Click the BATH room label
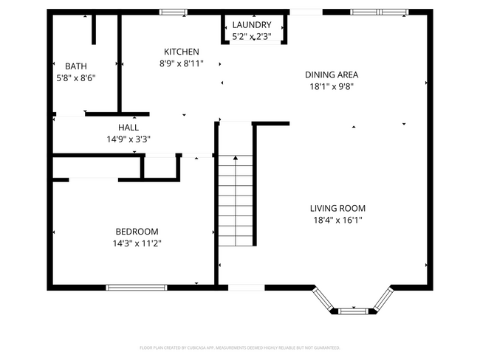(75, 66)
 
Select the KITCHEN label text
(181, 52)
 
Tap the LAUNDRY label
(251, 25)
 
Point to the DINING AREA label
(332, 75)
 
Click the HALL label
(128, 127)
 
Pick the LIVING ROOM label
(337, 208)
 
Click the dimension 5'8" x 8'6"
(75, 77)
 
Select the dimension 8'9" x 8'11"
(181, 63)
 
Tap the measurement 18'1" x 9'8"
(332, 86)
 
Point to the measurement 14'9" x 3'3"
(128, 138)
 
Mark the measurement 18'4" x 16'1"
(337, 219)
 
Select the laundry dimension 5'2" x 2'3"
(251, 36)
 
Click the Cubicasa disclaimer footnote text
(239, 347)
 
